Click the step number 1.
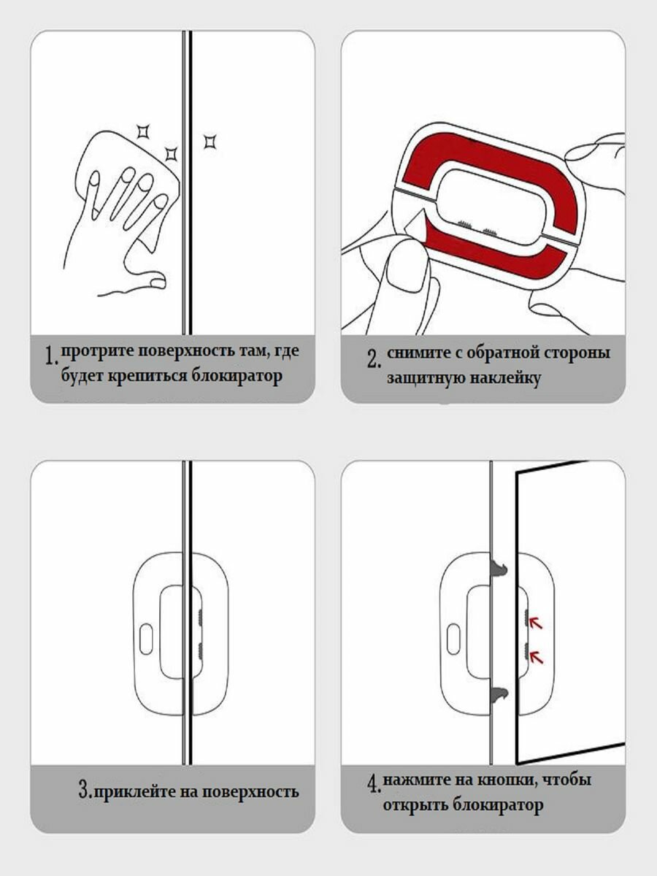pos(50,356)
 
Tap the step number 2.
pos(372,358)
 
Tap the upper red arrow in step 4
pos(536,622)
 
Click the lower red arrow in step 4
pos(536,657)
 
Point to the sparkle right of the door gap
pos(210,142)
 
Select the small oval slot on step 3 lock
pos(146,639)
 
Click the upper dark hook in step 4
pos(499,567)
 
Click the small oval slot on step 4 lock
pos(453,639)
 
